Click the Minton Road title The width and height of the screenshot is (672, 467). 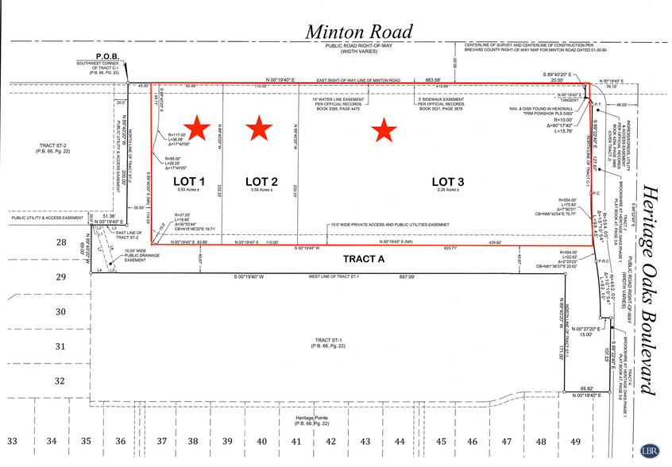(359, 31)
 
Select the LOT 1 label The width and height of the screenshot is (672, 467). (190, 181)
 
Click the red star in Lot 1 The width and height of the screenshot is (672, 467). (195, 125)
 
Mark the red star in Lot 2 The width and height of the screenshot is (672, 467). (257, 125)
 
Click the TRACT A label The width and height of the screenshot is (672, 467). (364, 259)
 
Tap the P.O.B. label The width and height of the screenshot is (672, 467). (107, 56)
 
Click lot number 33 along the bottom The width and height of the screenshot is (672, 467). (12, 441)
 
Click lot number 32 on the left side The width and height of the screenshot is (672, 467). (60, 380)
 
